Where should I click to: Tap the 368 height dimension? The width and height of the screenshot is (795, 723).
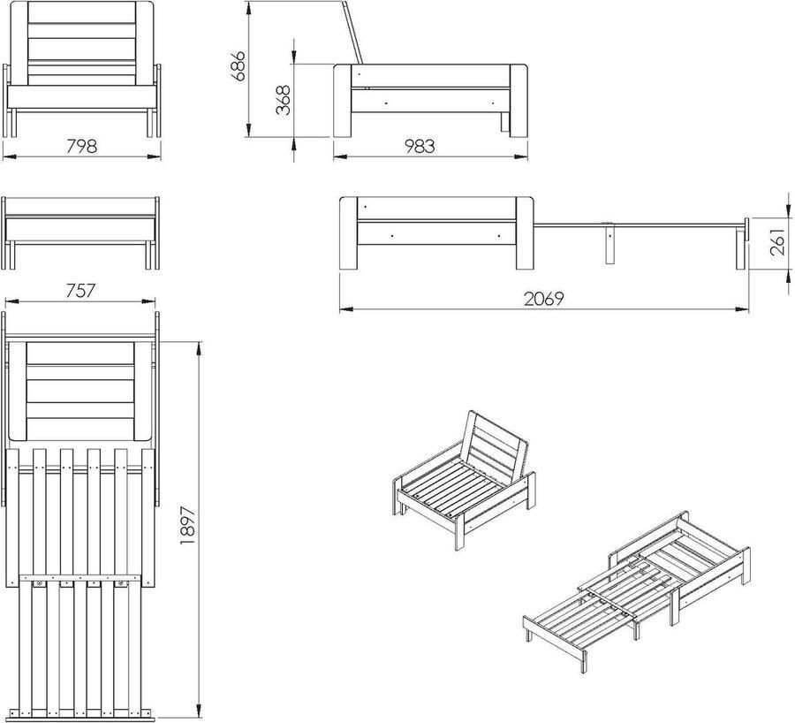283,101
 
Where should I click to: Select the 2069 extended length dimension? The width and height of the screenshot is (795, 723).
543,298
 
